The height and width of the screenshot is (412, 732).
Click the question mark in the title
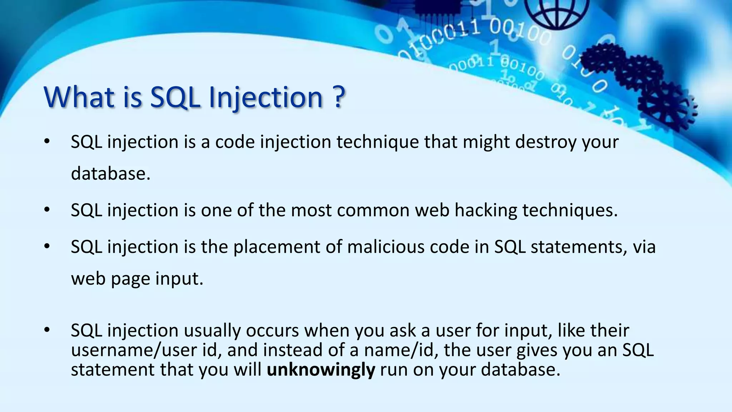(x=338, y=97)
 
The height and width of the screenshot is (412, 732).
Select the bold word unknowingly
(x=321, y=370)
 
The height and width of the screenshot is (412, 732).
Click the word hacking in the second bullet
(x=485, y=210)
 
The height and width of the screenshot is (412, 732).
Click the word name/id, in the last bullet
(x=401, y=350)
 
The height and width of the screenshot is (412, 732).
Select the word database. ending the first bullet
(x=110, y=174)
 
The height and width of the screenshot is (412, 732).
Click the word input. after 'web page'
(x=179, y=279)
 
